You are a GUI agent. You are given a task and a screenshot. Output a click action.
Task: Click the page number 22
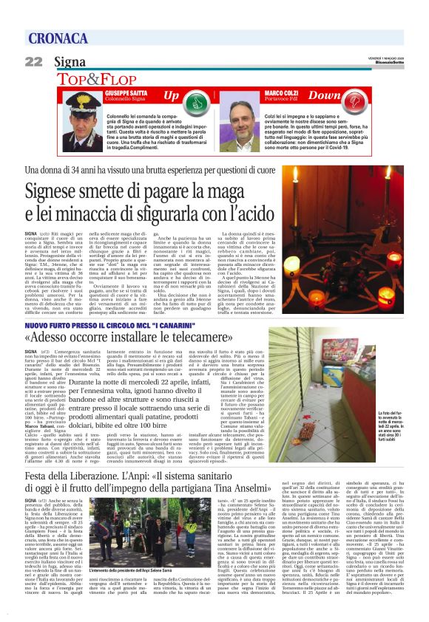coord(33,61)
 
